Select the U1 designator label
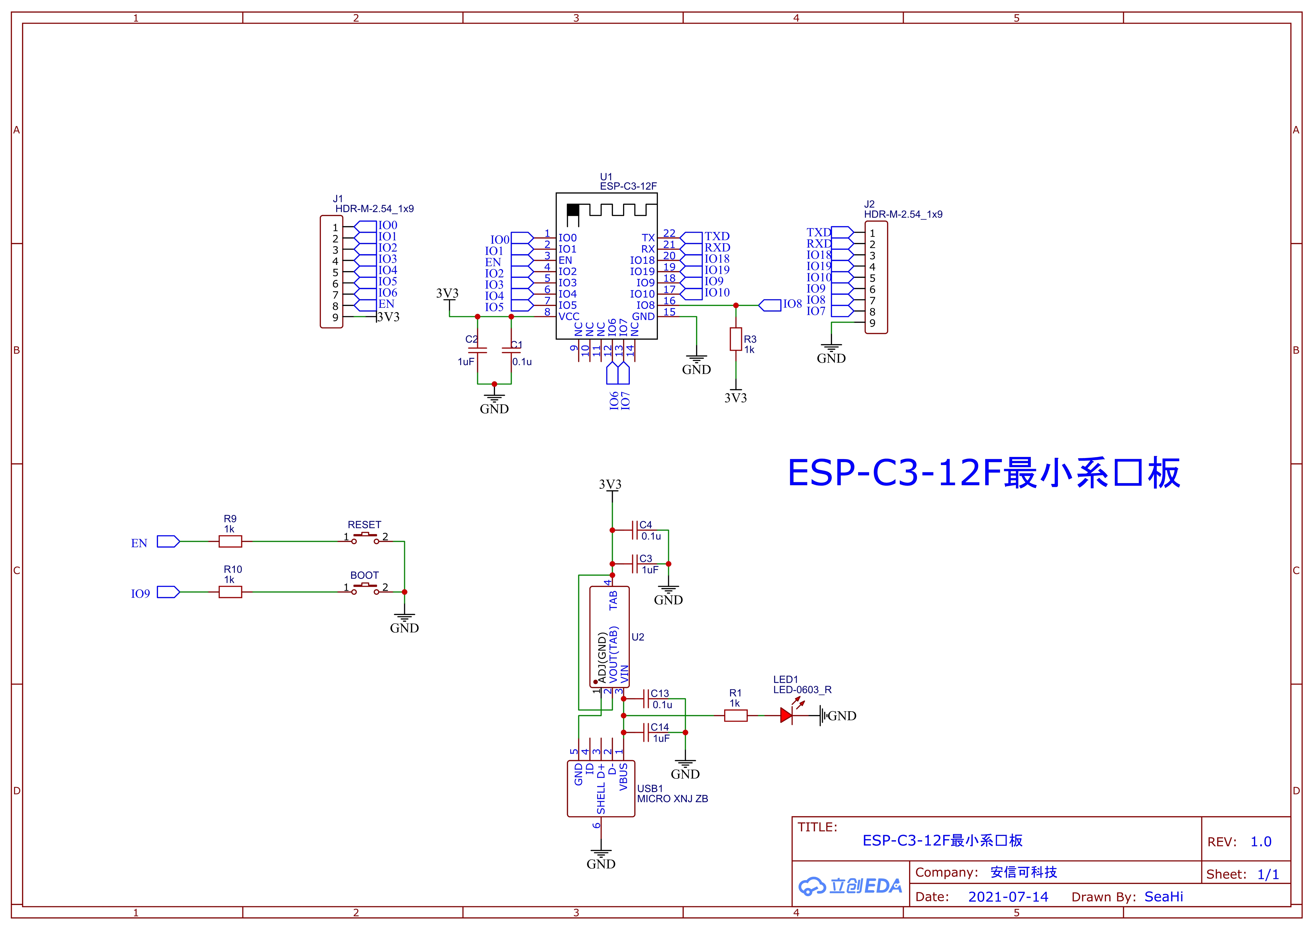(x=606, y=177)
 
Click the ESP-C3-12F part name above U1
(x=628, y=186)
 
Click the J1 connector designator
(x=338, y=199)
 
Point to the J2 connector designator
(x=869, y=204)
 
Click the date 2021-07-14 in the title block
(x=1008, y=897)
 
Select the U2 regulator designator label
(x=638, y=637)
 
